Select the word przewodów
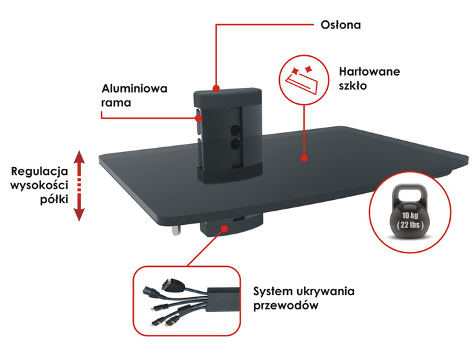[284, 305]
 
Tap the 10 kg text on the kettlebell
[410, 217]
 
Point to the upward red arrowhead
[79, 157]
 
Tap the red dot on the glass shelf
[304, 159]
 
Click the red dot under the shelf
[223, 228]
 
